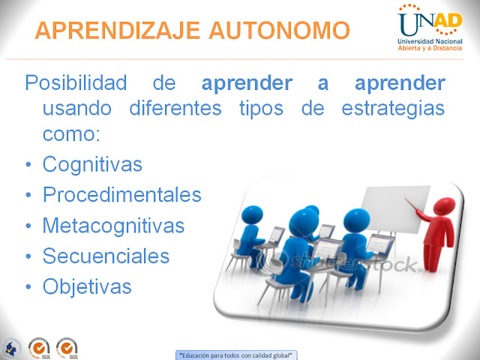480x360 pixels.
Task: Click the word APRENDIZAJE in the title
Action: point(118,30)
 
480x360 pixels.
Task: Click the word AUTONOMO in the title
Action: point(280,30)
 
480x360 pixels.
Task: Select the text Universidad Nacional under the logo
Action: point(430,41)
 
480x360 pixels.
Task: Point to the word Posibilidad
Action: point(76,82)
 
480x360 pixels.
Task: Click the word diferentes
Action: point(175,108)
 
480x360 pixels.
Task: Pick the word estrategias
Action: point(393,109)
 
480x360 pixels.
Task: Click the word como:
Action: point(71,134)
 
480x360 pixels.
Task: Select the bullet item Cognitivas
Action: point(92,164)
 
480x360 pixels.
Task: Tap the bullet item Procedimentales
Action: point(121,194)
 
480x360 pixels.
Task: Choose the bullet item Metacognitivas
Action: point(113,226)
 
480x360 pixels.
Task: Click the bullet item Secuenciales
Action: point(106,256)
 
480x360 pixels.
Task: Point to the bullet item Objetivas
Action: point(87,287)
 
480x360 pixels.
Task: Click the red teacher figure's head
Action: point(444,205)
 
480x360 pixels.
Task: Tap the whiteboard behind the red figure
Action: point(395,208)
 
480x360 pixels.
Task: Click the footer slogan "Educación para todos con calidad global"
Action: point(235,355)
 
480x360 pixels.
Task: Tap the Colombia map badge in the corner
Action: point(11,349)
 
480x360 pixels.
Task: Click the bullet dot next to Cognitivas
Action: point(28,165)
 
